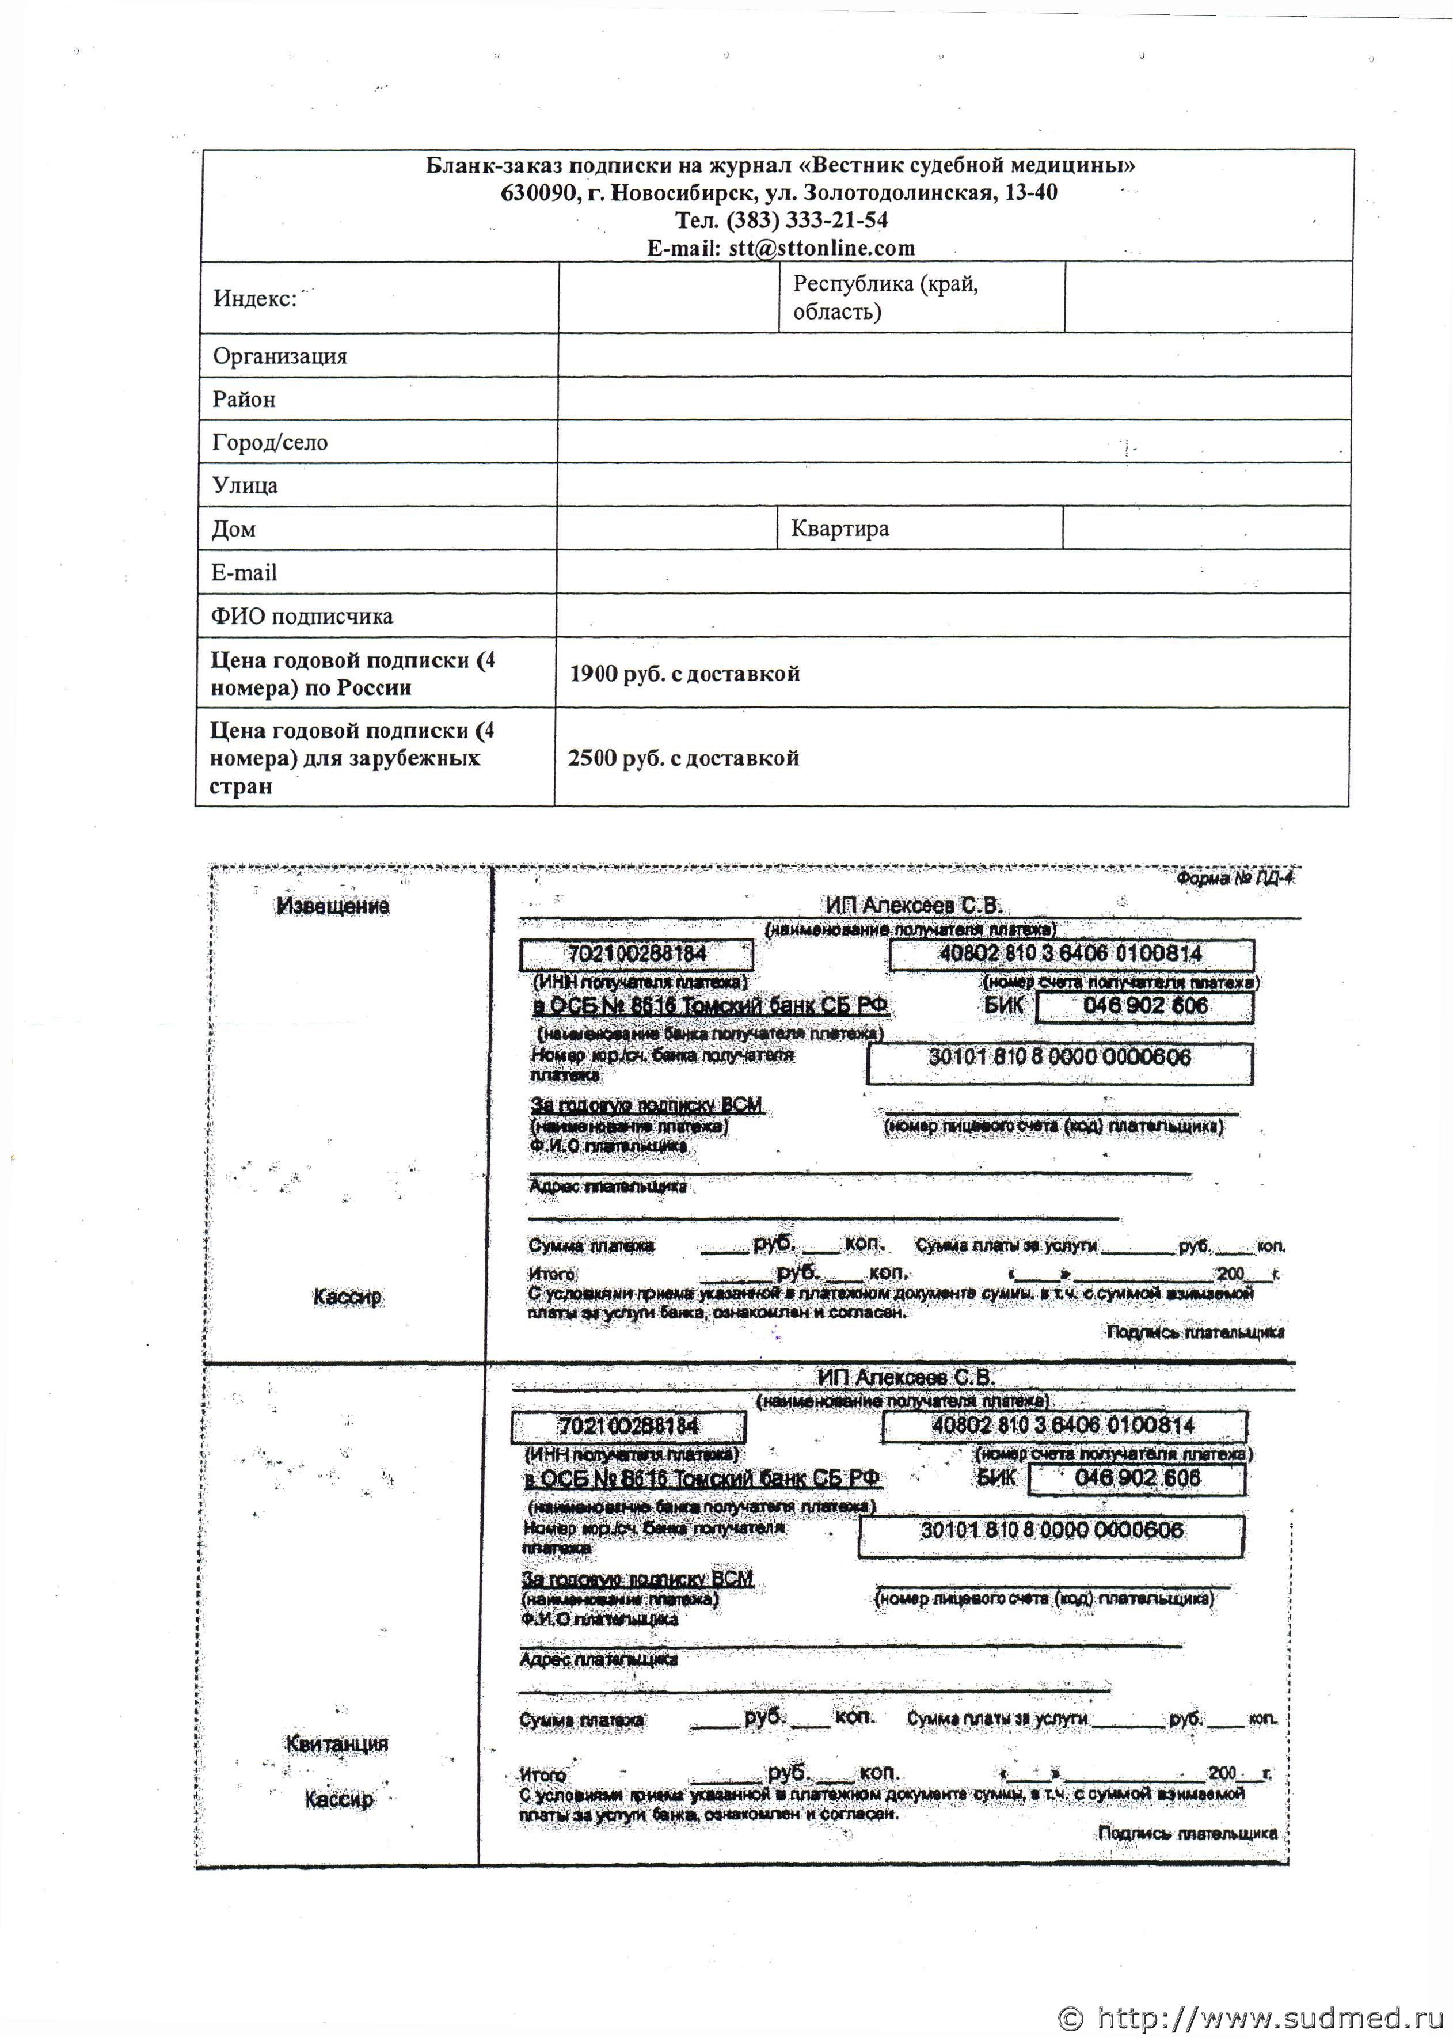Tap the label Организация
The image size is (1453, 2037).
279,356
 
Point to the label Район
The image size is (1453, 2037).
244,399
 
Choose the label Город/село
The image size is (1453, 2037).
269,442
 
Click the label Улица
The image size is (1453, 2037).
244,485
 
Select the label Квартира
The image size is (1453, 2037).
839,528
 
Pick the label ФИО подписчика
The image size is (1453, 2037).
302,615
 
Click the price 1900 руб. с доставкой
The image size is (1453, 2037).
684,674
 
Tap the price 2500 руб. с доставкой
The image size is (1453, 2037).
683,758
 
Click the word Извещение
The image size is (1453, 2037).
333,905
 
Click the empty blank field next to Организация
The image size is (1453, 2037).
953,356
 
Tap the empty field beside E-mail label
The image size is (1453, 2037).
952,572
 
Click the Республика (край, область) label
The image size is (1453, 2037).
885,297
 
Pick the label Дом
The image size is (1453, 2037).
234,529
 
